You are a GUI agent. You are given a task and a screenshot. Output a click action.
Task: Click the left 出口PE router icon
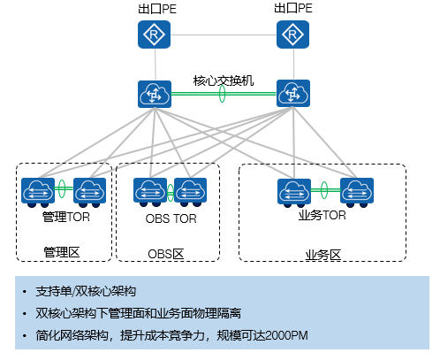pos(155,35)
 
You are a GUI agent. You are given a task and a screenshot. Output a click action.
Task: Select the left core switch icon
pos(155,94)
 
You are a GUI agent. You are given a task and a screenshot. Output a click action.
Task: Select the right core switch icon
pos(292,94)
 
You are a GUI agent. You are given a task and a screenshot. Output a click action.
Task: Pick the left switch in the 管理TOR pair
pos(38,190)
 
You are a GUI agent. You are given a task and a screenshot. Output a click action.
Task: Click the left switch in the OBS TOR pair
pos(148,190)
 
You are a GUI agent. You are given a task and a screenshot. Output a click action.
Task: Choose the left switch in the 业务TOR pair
pos(292,190)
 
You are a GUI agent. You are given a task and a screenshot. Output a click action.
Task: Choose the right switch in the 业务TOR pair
pos(356,190)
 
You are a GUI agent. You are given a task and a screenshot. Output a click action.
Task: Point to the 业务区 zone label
pos(322,254)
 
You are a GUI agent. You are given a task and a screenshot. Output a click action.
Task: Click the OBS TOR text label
pos(171,218)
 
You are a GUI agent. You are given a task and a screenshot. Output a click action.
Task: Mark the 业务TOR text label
pos(322,215)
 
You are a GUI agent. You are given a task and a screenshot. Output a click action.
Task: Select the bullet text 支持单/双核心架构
pos(86,291)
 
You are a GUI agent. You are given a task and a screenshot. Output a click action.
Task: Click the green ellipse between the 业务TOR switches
pos(324,189)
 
